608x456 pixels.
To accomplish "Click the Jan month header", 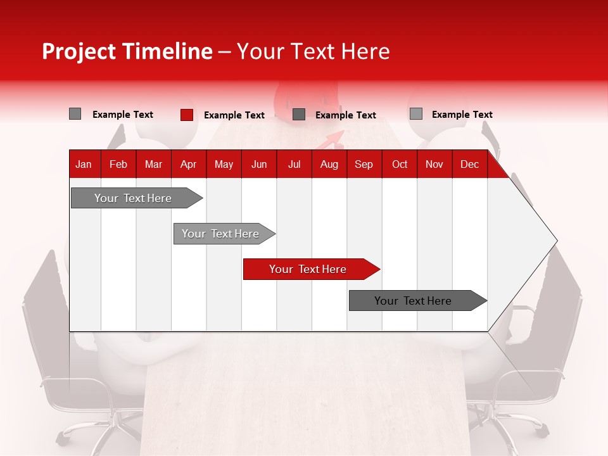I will (84, 165).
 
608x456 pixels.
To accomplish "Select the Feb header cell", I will (118, 165).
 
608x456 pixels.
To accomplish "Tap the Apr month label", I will (188, 165).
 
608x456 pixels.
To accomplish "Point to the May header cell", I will (224, 165).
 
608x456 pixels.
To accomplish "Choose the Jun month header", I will (259, 165).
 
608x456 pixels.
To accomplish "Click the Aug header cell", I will (329, 165).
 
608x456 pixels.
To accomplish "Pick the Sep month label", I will (364, 165).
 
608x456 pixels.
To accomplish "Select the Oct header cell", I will (400, 165).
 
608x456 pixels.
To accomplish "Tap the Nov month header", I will (434, 165).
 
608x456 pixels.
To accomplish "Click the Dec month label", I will (469, 165).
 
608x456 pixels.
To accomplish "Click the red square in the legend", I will (186, 115).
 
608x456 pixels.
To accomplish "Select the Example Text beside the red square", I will (234, 115).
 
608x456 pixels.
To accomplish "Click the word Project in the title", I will (79, 51).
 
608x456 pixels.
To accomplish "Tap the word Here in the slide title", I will (365, 51).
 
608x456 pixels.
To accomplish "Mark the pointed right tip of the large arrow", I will (556, 241).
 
